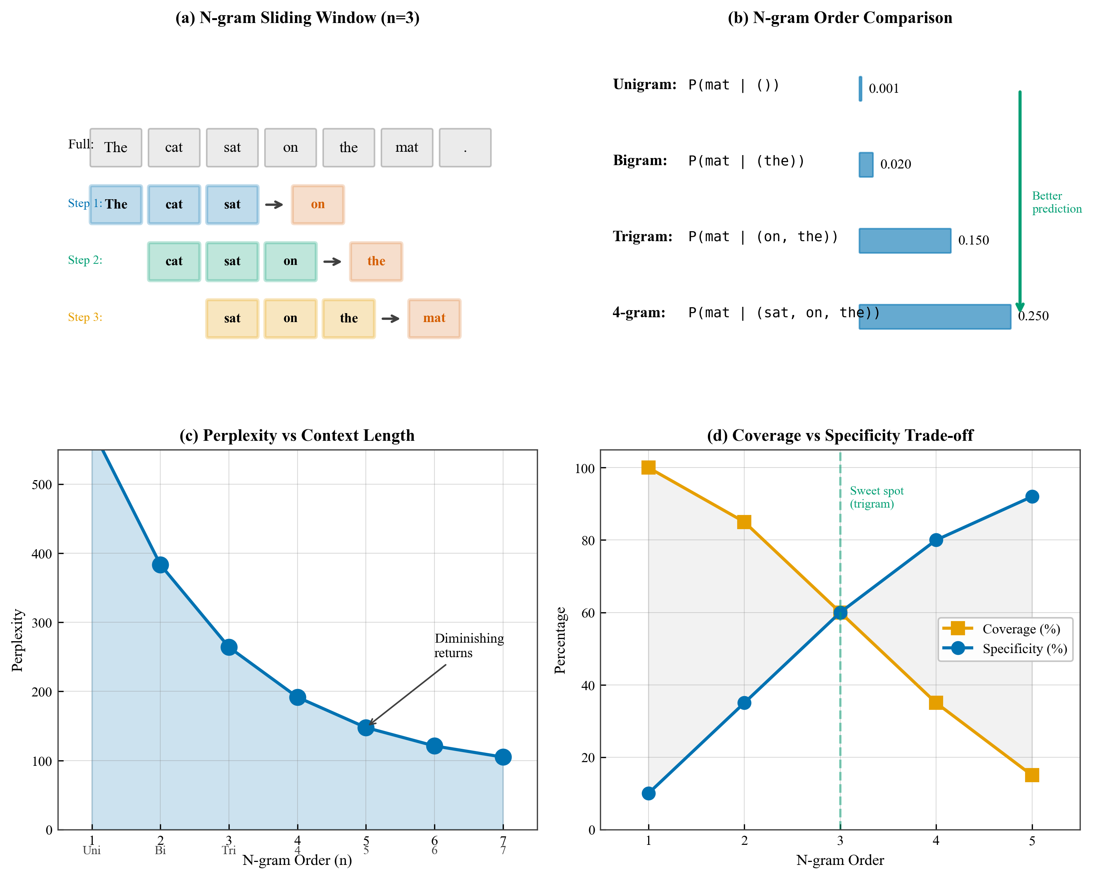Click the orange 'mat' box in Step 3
click(434, 318)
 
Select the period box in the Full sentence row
click(465, 148)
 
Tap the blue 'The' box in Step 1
click(116, 204)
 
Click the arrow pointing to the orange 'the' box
click(332, 262)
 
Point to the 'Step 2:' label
click(85, 260)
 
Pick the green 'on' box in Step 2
click(291, 262)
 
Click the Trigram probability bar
click(905, 241)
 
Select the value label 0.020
click(895, 164)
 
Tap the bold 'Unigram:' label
click(644, 84)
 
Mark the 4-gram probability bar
click(934, 317)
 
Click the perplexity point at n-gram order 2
click(160, 565)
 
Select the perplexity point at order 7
click(503, 757)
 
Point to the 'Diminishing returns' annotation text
click(469, 645)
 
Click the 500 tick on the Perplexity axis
click(42, 485)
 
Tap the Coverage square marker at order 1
click(649, 468)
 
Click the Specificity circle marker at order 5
click(1032, 497)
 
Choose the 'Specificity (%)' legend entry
click(1024, 649)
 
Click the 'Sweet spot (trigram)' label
click(877, 497)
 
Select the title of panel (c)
click(297, 436)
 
